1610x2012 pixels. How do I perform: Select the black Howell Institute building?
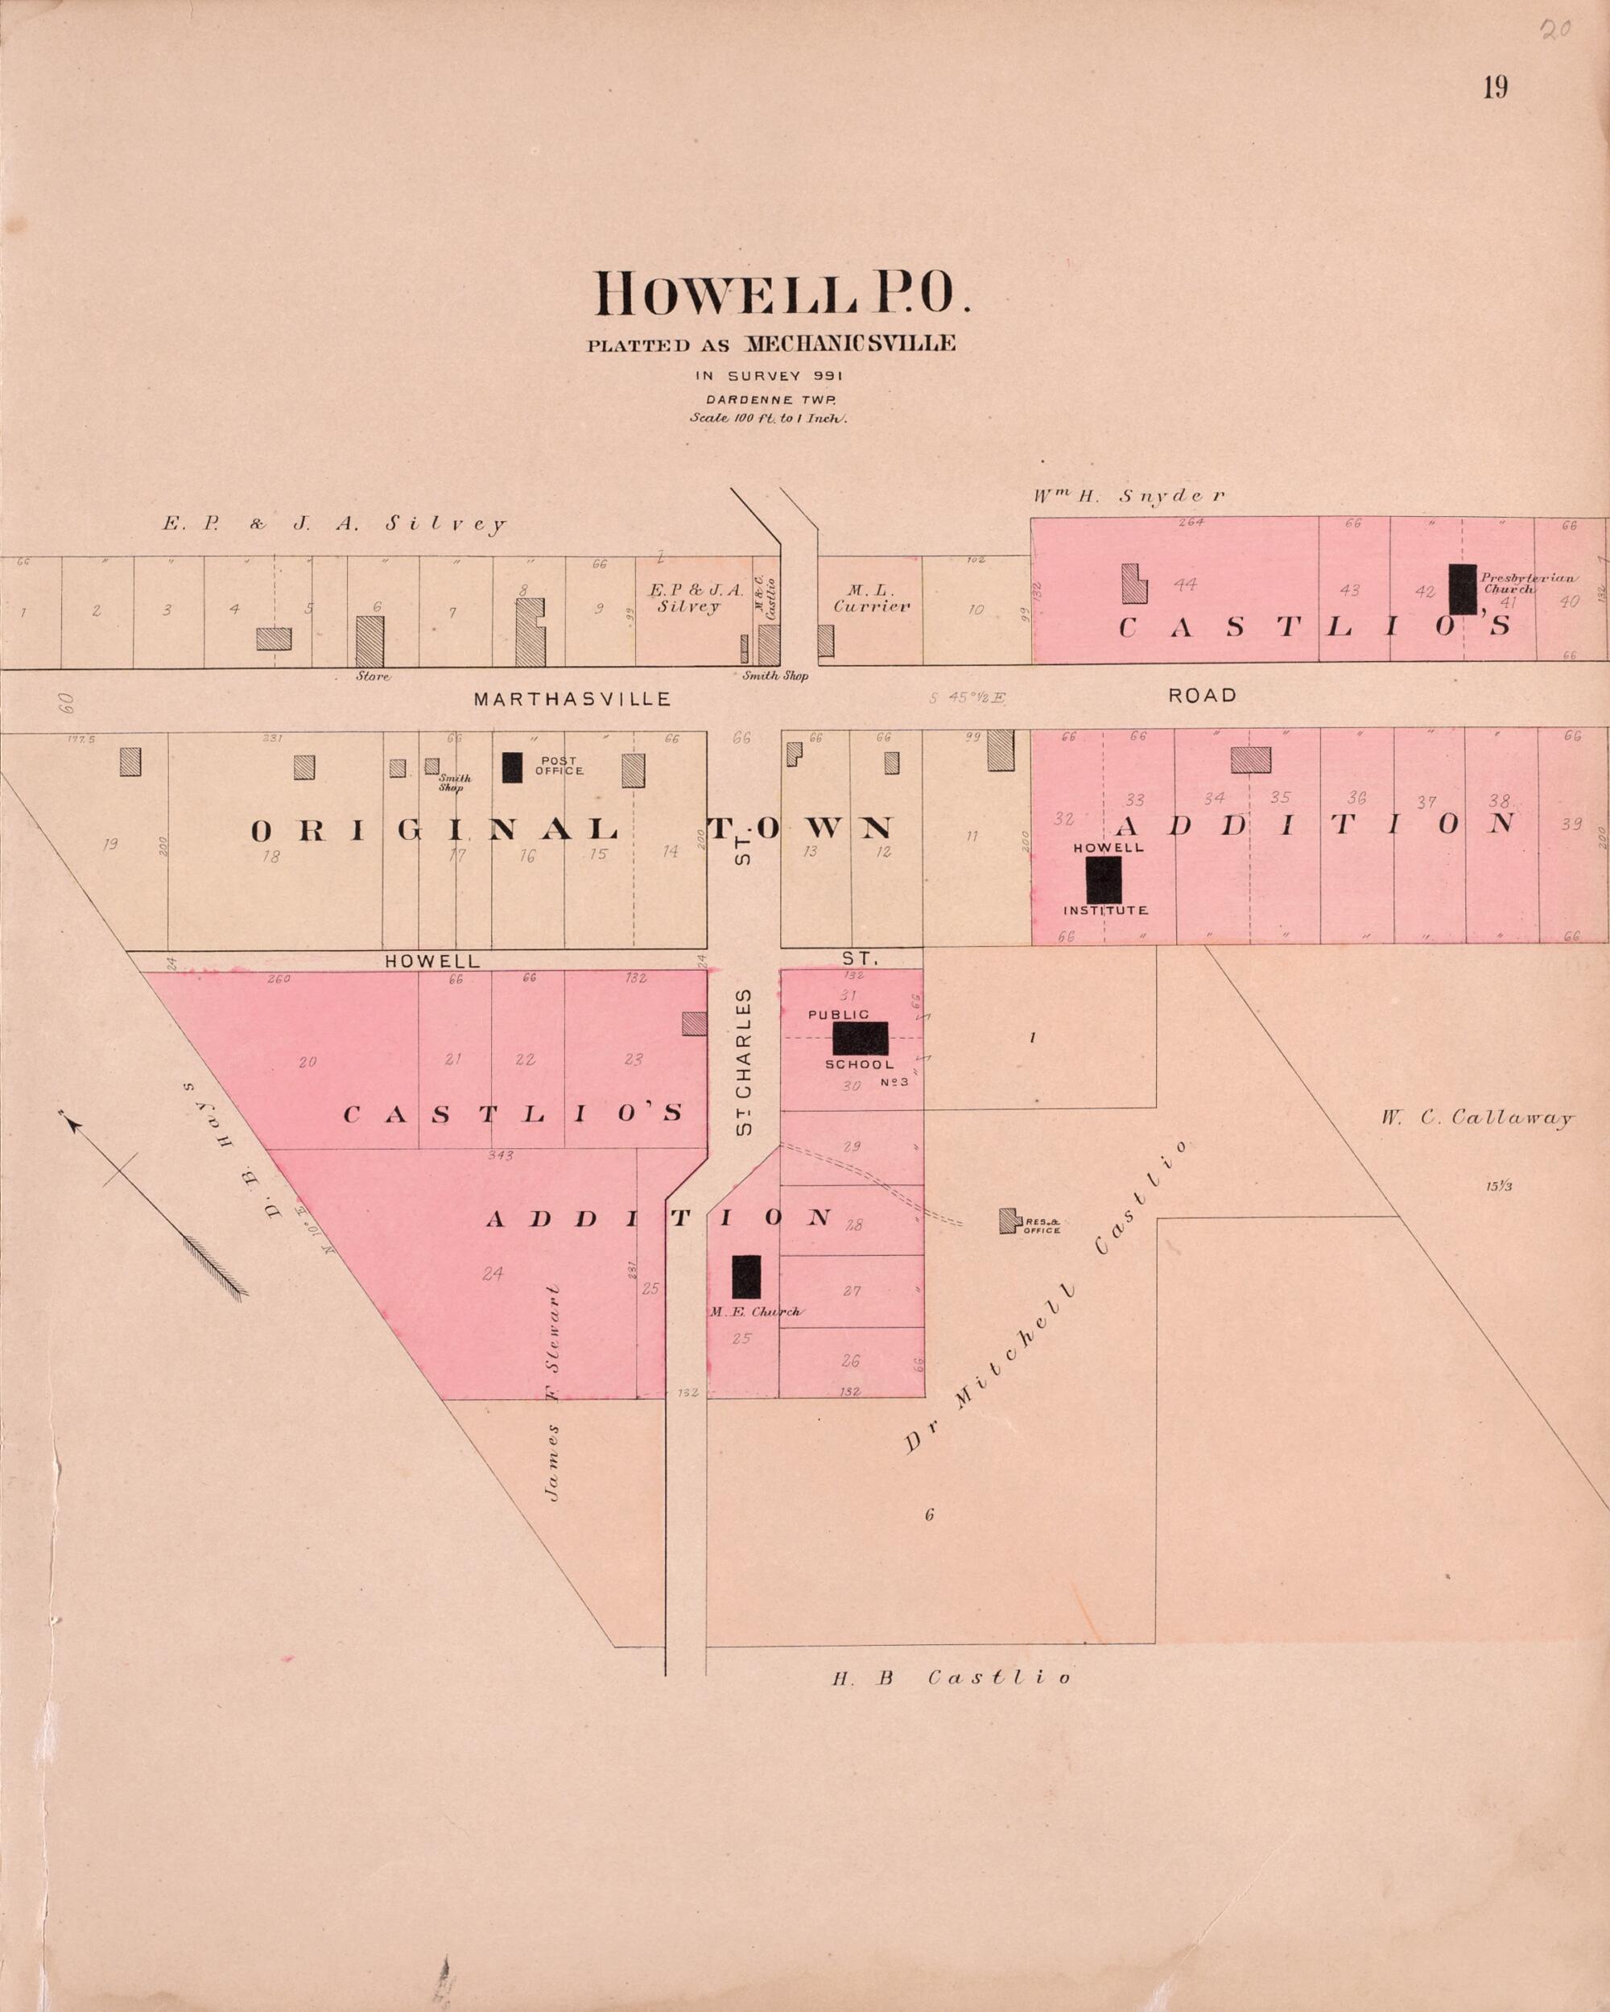(x=1103, y=880)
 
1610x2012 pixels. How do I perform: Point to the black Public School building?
(x=860, y=1038)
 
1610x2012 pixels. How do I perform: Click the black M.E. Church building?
(x=745, y=1277)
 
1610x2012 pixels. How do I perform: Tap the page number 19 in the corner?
(x=1495, y=88)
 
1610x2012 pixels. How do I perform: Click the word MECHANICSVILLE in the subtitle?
(x=849, y=344)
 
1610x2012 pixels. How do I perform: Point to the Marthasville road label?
(x=572, y=699)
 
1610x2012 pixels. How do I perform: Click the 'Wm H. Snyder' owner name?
(x=1129, y=497)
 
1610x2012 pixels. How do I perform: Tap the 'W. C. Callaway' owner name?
(x=1477, y=1118)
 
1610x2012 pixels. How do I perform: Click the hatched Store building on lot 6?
(x=369, y=640)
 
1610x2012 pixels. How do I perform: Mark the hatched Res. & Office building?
(x=1008, y=1221)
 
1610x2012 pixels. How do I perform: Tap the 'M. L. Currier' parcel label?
(x=872, y=598)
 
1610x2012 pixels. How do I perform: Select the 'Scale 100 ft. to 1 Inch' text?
(x=767, y=418)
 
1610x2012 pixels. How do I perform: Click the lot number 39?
(x=1571, y=824)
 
